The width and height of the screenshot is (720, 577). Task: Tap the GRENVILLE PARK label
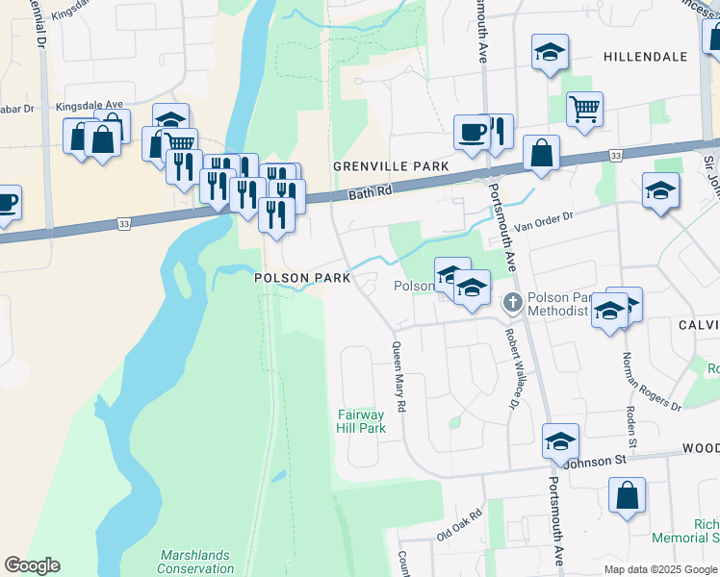391,166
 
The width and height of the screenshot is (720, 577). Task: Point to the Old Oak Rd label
458,525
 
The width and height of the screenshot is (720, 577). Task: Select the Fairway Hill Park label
361,421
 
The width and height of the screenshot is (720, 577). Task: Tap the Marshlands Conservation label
196,562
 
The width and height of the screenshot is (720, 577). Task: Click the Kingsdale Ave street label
90,105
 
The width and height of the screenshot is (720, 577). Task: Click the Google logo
32,565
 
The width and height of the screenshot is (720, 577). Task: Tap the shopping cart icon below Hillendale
584,109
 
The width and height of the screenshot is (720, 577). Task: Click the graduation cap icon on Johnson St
560,440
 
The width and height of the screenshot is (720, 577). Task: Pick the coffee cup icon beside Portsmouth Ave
472,131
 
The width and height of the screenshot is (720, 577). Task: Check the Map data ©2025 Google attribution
659,569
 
